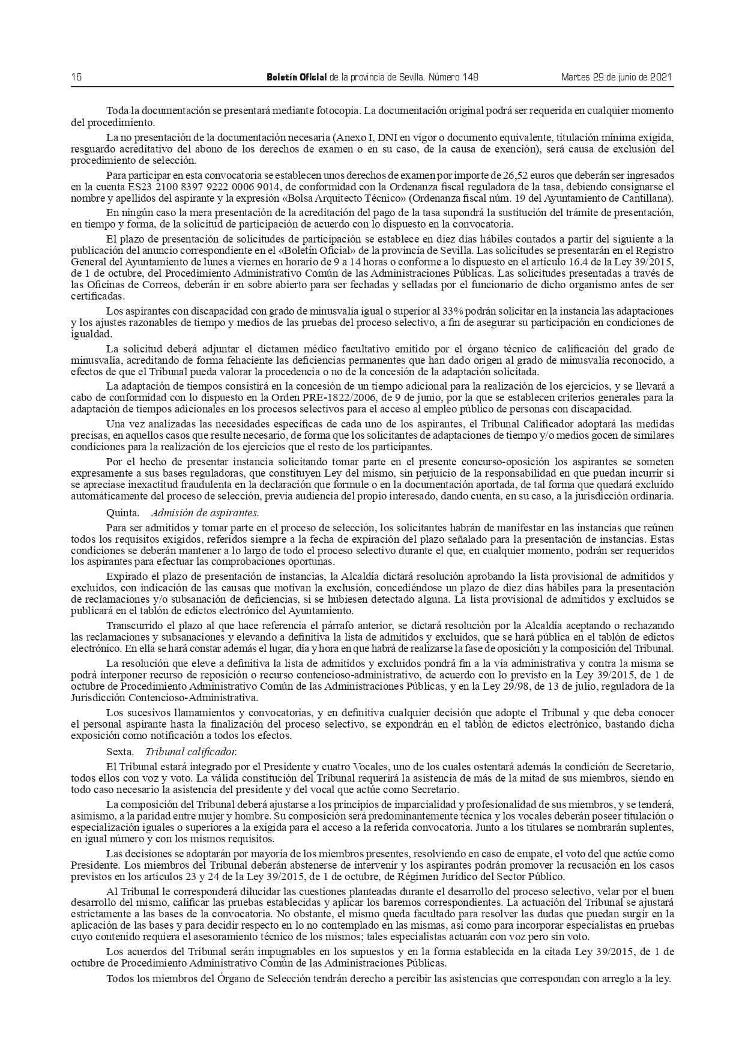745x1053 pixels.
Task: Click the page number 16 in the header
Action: coord(76,77)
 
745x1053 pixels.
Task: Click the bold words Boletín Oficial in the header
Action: coord(297,77)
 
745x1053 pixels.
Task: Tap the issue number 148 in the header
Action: coord(469,77)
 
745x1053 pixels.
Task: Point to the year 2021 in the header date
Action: coord(660,77)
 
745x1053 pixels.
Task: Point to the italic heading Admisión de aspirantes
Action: coord(205,513)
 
